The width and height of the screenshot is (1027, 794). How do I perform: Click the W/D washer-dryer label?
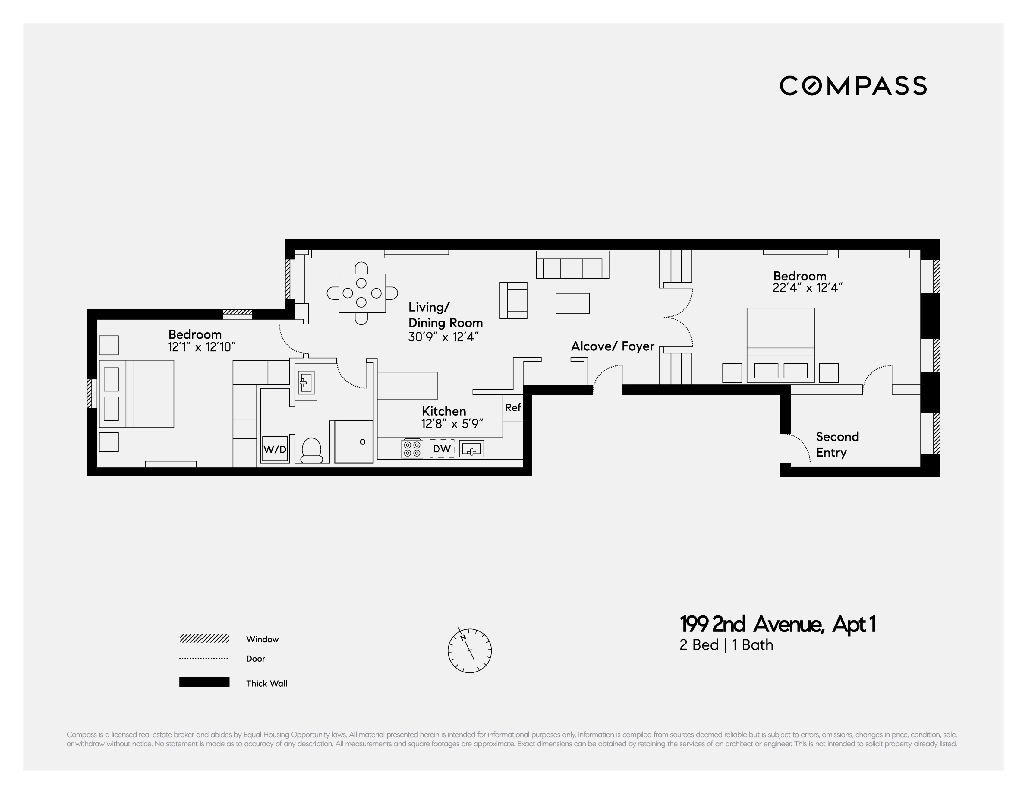coord(275,449)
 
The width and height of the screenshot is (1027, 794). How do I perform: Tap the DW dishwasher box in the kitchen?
coord(442,449)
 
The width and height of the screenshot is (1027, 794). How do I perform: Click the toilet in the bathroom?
coord(311,450)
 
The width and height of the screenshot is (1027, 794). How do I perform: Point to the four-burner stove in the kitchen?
coord(412,448)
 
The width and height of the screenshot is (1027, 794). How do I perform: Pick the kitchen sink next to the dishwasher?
coord(471,449)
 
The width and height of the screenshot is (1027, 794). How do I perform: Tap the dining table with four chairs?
coord(362,293)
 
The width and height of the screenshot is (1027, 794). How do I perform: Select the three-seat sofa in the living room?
coord(572,265)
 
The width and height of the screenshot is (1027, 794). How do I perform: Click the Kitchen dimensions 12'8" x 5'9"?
coord(452,424)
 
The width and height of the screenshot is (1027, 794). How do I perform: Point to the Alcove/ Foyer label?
coord(612,346)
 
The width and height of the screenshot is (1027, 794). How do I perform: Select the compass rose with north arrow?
coord(469,650)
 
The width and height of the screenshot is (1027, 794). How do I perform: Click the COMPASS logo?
coord(853,86)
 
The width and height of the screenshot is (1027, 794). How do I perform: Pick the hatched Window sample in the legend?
coord(204,638)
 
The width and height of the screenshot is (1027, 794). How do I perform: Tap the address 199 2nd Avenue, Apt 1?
coord(777,624)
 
